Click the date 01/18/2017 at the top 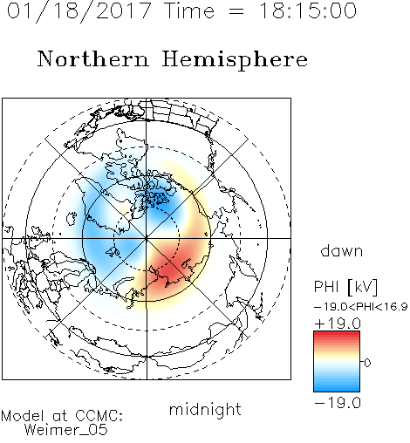click(79, 11)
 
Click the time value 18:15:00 click(308, 10)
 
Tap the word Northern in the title click(93, 59)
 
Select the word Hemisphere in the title click(235, 60)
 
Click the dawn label click(342, 251)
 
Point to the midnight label click(205, 409)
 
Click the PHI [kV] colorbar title click(345, 287)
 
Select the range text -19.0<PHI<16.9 click(361, 307)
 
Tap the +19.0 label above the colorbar click(338, 324)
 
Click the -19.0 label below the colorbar click(338, 403)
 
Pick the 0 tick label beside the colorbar click(367, 363)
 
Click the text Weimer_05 click(66, 430)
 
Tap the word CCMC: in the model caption click(99, 416)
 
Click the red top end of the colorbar click(337, 333)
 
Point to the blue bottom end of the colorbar click(337, 389)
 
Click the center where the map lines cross click(147, 238)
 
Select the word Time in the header click(189, 10)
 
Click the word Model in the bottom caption click(23, 416)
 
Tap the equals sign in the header click(236, 12)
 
